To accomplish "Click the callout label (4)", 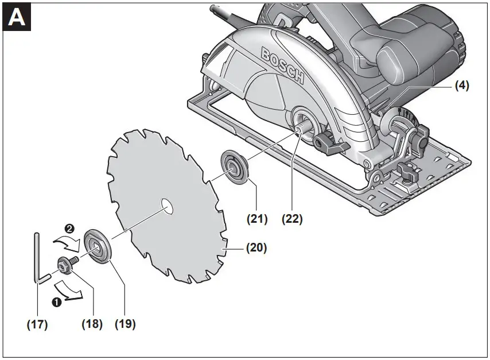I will pyautogui.click(x=462, y=86).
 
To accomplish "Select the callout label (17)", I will pyautogui.click(x=37, y=324).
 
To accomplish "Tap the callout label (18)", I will pyautogui.click(x=92, y=324).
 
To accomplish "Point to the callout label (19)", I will pyautogui.click(x=125, y=324).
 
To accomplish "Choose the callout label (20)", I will pyautogui.click(x=256, y=249).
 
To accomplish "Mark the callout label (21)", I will pyautogui.click(x=256, y=218).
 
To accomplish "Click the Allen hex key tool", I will pyautogui.click(x=37, y=258).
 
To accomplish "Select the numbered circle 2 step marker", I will pyautogui.click(x=69, y=228).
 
